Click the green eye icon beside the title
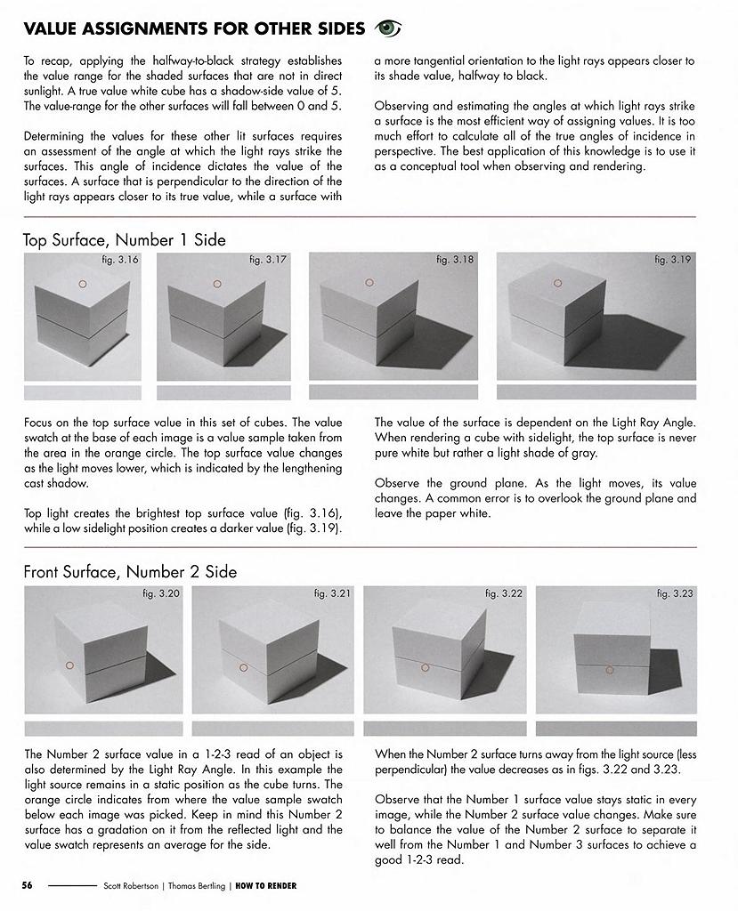click(x=388, y=28)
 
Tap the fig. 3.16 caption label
click(x=120, y=260)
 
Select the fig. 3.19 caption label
click(x=673, y=260)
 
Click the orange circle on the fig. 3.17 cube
click(x=216, y=284)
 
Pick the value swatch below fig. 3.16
click(x=82, y=392)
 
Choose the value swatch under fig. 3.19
click(x=596, y=392)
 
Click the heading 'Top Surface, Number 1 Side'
click(x=125, y=239)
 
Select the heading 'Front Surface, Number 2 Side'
click(x=130, y=571)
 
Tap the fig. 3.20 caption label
click(x=161, y=593)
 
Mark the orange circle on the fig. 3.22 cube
click(x=426, y=666)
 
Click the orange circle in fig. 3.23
click(x=609, y=668)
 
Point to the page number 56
click(x=28, y=886)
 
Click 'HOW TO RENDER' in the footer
click(x=266, y=886)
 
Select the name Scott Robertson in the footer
click(x=132, y=886)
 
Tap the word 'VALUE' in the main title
click(x=55, y=29)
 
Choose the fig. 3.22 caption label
click(x=504, y=593)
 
